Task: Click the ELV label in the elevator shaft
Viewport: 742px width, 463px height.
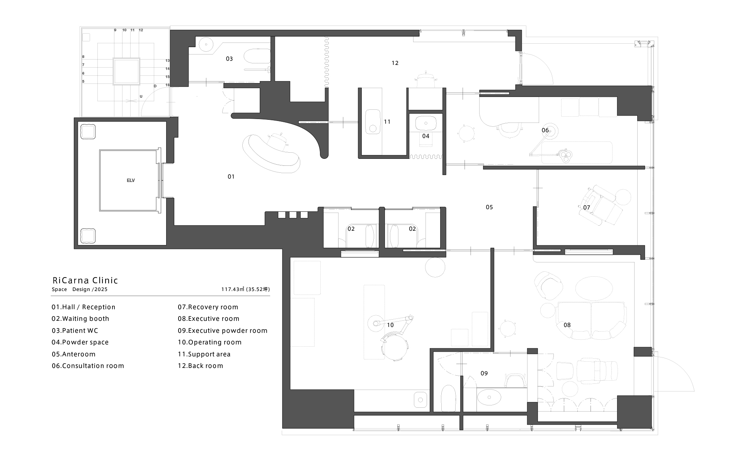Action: (x=131, y=180)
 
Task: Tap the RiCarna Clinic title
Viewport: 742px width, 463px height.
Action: (x=85, y=281)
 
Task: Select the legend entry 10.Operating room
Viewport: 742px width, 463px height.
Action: (x=209, y=342)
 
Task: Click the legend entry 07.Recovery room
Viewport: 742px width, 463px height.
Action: (x=208, y=307)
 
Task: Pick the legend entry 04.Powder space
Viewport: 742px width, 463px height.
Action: (x=80, y=342)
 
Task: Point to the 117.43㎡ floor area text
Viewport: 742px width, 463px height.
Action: (x=245, y=289)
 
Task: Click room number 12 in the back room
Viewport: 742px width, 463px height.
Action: (x=395, y=63)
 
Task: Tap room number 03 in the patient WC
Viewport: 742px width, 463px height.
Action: (x=229, y=59)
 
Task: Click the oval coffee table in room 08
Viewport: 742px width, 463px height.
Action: (x=594, y=288)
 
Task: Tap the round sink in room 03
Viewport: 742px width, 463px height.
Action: (x=206, y=44)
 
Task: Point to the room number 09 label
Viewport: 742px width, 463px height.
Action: (x=484, y=373)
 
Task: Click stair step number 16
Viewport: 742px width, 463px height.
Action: (x=168, y=85)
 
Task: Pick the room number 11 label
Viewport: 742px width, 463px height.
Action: (x=387, y=122)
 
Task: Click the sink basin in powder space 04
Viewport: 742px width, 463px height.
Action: (x=426, y=123)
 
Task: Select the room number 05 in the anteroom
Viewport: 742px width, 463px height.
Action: (x=489, y=207)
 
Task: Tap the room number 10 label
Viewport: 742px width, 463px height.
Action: (x=390, y=325)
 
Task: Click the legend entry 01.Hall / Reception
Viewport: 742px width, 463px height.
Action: (x=83, y=307)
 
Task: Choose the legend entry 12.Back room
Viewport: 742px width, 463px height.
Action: (x=200, y=366)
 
